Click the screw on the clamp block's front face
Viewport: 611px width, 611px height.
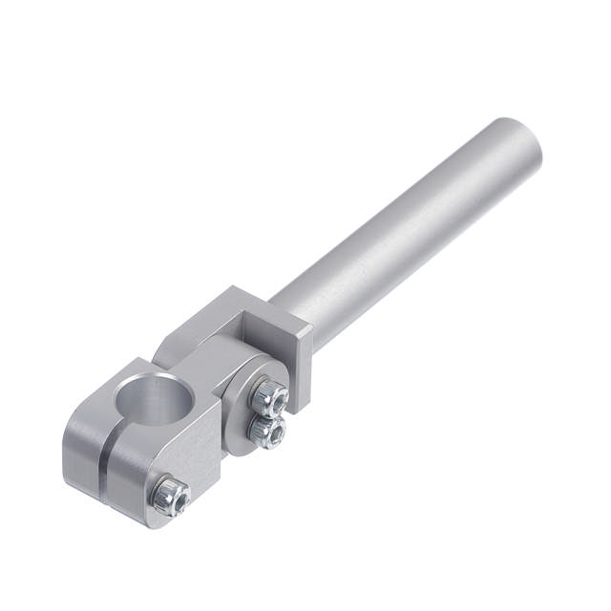tap(171, 494)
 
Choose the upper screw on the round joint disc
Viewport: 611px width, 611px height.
tap(269, 393)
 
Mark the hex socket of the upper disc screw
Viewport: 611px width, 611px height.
tap(271, 392)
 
